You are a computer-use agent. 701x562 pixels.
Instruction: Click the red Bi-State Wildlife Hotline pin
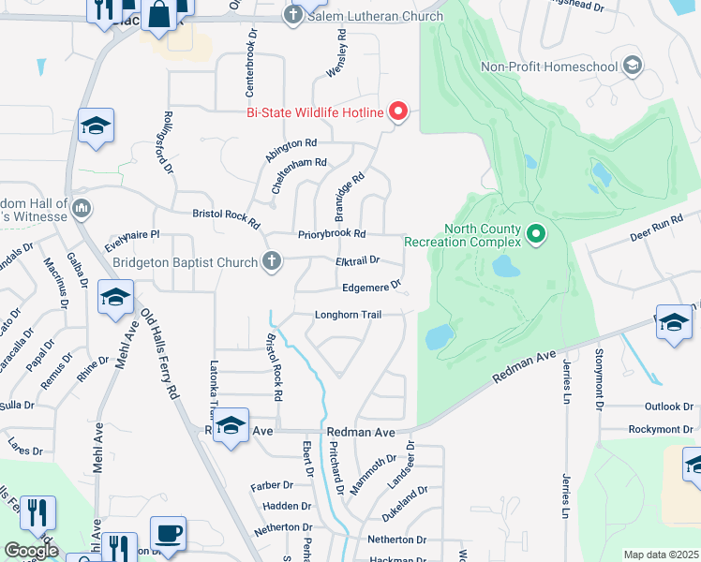398,111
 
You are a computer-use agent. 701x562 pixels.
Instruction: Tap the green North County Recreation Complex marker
536,231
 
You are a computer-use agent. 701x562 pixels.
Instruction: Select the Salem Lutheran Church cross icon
293,16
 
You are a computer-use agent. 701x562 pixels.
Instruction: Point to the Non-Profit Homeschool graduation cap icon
633,66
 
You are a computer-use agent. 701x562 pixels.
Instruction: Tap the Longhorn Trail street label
348,315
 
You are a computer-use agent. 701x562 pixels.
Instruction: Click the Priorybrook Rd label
332,234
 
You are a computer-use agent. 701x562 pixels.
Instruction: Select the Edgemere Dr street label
371,288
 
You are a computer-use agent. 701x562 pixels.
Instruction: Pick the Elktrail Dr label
357,260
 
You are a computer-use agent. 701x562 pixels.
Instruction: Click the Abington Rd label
291,144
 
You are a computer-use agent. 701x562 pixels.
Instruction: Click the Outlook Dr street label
667,407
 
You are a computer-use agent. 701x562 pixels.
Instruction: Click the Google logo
30,551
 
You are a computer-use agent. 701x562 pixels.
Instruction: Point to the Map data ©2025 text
661,555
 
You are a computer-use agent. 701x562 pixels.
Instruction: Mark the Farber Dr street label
273,486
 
